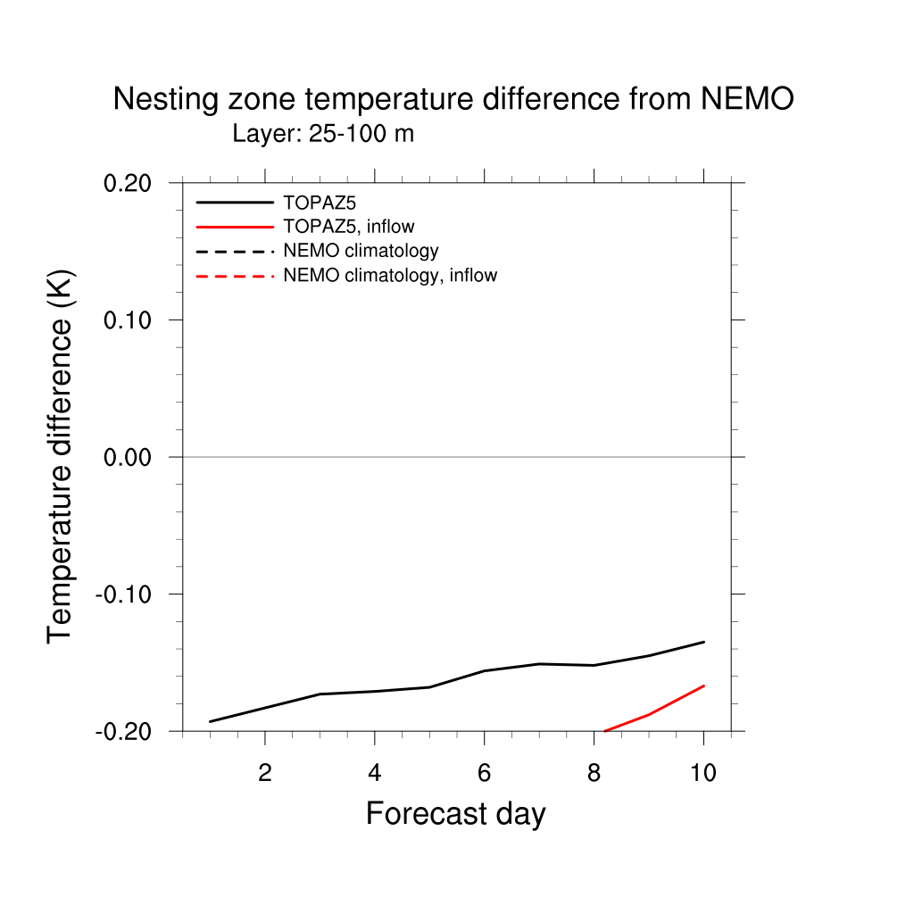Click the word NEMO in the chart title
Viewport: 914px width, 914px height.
[746, 99]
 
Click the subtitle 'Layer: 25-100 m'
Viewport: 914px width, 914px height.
[323, 135]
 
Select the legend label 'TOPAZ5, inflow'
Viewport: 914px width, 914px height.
[348, 227]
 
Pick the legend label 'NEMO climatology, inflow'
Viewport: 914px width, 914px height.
[389, 275]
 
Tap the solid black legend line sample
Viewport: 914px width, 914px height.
[235, 203]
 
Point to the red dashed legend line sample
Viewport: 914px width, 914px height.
[235, 276]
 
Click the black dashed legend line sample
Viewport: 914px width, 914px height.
[235, 251]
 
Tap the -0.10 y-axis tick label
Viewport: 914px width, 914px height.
[127, 594]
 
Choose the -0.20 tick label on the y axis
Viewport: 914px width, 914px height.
[127, 731]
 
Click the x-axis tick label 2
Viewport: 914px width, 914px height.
[264, 773]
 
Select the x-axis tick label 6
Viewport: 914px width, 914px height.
[484, 773]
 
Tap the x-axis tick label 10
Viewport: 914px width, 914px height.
[703, 773]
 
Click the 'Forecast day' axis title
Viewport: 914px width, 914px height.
[455, 814]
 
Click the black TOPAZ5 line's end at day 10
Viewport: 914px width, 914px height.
[704, 642]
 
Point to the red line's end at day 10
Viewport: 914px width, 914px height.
[704, 685]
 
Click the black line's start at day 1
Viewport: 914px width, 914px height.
[210, 721]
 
